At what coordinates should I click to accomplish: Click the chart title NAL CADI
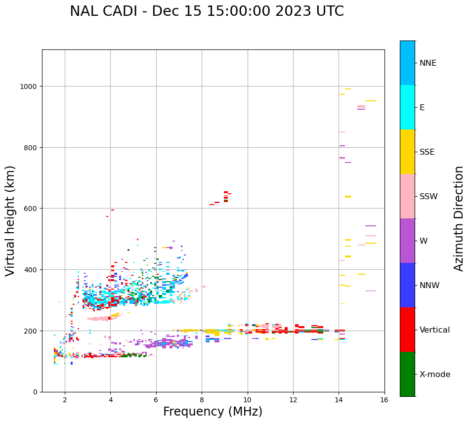coord(207,11)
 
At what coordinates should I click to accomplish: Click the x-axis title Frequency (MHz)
coord(213,412)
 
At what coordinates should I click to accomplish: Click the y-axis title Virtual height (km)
coord(11,220)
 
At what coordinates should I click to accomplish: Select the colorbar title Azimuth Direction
coord(459,218)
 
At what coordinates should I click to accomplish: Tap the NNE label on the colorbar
coord(428,63)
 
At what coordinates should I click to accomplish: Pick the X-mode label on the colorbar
coord(435,374)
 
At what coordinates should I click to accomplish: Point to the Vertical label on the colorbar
coord(435,330)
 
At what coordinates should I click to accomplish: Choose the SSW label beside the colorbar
coord(428,196)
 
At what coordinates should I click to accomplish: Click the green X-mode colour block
coord(407,374)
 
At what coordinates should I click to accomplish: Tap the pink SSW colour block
coord(407,196)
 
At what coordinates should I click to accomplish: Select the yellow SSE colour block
coord(407,152)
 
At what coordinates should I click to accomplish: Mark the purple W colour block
coord(407,241)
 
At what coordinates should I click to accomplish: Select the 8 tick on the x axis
coord(202,400)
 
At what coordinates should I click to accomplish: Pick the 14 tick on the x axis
coord(339,400)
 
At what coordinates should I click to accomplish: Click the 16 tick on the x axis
coord(384,400)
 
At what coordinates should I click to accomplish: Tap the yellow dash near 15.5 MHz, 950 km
coord(371,101)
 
